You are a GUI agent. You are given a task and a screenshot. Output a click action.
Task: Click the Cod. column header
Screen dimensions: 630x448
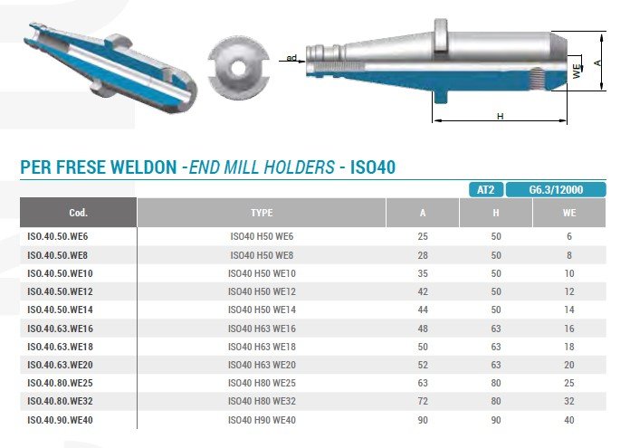pos(79,213)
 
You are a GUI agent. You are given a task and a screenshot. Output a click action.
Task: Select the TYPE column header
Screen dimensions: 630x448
pos(262,213)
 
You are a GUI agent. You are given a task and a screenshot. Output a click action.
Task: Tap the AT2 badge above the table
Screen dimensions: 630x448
pos(486,190)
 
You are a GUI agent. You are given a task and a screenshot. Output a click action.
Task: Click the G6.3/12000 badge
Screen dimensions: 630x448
pos(556,190)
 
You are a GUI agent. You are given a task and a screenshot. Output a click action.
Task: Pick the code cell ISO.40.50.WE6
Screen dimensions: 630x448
pos(57,236)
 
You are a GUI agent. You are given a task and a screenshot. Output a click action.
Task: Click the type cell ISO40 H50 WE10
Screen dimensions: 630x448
pos(262,273)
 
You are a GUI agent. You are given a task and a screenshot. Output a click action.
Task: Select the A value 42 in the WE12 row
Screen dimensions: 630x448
pos(423,291)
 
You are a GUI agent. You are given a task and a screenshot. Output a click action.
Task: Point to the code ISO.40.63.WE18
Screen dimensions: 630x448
pos(60,347)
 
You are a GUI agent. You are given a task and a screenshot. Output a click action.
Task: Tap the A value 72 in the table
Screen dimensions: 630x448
pos(423,401)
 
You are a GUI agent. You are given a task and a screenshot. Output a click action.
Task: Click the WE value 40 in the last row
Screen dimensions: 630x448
pos(569,420)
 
